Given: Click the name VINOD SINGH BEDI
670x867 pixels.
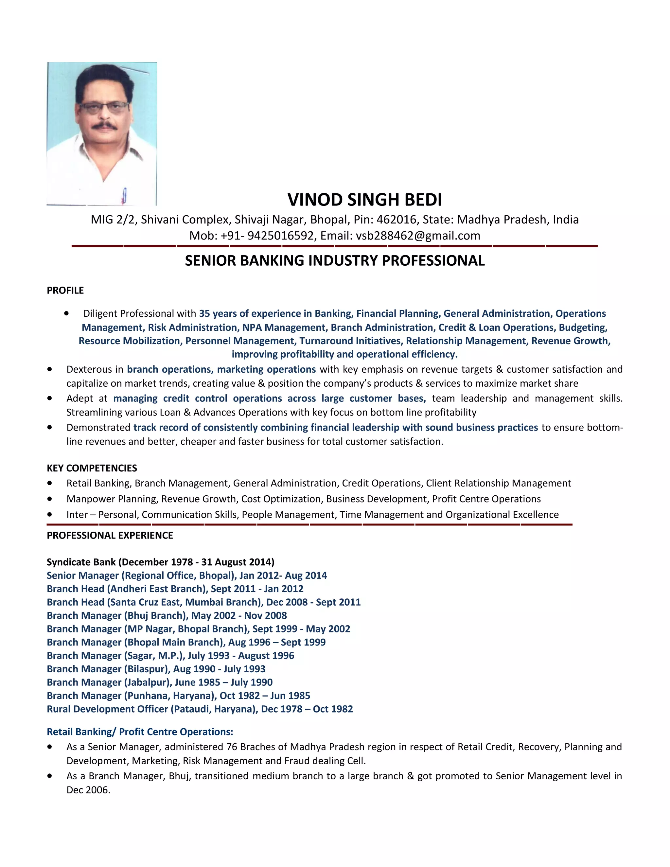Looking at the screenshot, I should (364, 200).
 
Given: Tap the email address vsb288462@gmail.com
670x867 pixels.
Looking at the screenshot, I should (418, 236).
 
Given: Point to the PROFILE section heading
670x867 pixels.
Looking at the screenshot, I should (65, 291).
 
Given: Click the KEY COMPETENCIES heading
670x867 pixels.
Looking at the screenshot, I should (92, 468).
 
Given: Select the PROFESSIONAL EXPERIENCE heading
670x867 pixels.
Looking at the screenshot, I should (110, 536).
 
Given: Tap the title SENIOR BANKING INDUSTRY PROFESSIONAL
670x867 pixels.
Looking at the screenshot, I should (335, 261).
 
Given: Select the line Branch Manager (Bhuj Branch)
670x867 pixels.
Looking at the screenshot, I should (167, 616).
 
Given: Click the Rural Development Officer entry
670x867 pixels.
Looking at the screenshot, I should (200, 709).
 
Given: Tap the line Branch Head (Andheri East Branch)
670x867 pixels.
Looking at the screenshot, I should (175, 589).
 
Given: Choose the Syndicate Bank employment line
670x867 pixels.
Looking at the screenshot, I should (160, 562).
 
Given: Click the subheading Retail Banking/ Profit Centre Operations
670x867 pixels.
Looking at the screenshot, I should (140, 732).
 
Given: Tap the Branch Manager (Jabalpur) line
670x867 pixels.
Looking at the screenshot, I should (160, 682).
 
